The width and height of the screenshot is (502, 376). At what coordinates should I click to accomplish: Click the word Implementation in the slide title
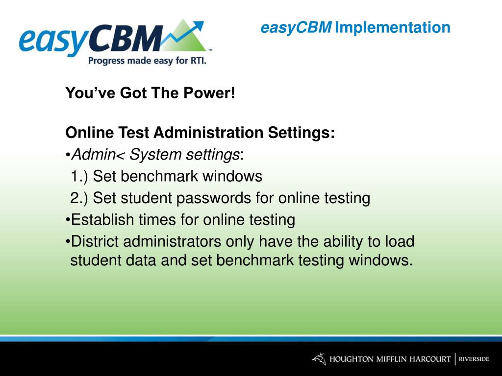pyautogui.click(x=393, y=27)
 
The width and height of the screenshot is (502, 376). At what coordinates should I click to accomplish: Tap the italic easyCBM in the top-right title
pyautogui.click(x=296, y=27)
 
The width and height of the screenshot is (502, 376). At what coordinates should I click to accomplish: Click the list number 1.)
pyautogui.click(x=79, y=176)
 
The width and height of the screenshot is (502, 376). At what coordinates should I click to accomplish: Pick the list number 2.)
pyautogui.click(x=79, y=198)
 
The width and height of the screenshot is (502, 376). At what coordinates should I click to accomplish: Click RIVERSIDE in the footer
pyautogui.click(x=474, y=359)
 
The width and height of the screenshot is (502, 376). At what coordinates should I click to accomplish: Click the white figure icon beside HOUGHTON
pyautogui.click(x=319, y=359)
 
